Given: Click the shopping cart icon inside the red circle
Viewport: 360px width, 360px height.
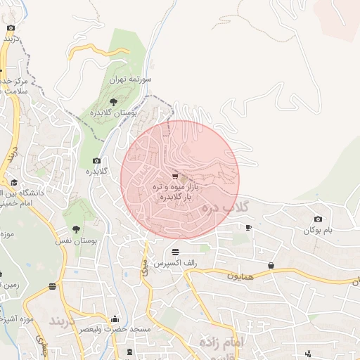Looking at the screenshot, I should (174, 176).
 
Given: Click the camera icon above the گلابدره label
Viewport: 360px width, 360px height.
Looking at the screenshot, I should (96, 161).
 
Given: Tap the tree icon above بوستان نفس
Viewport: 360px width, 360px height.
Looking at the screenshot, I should (76, 229).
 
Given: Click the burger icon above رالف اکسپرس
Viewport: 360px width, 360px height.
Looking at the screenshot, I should (174, 251).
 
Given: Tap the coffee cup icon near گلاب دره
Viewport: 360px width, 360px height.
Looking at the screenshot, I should (248, 227).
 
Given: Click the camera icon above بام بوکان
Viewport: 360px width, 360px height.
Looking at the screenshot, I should (318, 219).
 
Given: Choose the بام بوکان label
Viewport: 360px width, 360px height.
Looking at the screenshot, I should (317, 231).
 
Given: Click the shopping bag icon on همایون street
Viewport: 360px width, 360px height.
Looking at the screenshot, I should (271, 265).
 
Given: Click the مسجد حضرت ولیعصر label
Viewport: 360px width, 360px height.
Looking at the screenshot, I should (115, 329).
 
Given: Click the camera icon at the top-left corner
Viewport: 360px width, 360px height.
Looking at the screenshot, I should (10, 28).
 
